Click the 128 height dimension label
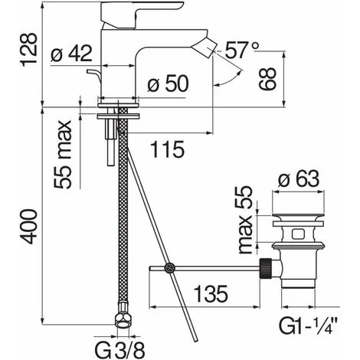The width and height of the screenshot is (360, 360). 29,50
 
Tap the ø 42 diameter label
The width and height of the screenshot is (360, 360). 71,54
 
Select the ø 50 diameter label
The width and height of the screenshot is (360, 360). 168,83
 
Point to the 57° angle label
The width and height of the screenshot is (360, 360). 242,50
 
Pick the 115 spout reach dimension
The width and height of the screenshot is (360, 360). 167,149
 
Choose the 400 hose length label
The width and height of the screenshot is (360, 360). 29,227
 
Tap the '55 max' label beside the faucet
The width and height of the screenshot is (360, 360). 63,154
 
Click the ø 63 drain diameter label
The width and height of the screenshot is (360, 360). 299,178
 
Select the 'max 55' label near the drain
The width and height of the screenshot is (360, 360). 245,220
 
